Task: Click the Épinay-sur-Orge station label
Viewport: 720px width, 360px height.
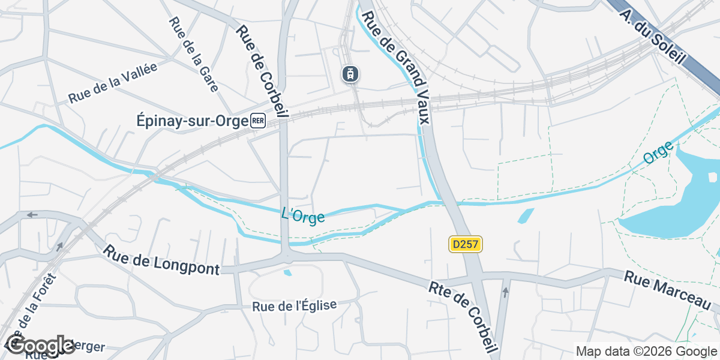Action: pos(189,121)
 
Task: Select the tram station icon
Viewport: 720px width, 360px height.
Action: pos(350,74)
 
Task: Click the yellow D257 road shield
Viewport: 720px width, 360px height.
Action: pos(466,244)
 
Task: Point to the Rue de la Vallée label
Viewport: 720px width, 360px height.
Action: pos(113,83)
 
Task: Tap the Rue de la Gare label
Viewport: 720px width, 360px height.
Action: pos(193,53)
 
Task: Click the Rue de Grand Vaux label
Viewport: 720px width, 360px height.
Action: pos(397,67)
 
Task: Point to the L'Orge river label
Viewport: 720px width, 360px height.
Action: pos(303,215)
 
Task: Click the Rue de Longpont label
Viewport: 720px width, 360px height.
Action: pos(161,260)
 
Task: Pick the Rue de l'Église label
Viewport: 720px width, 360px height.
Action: pos(295,305)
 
